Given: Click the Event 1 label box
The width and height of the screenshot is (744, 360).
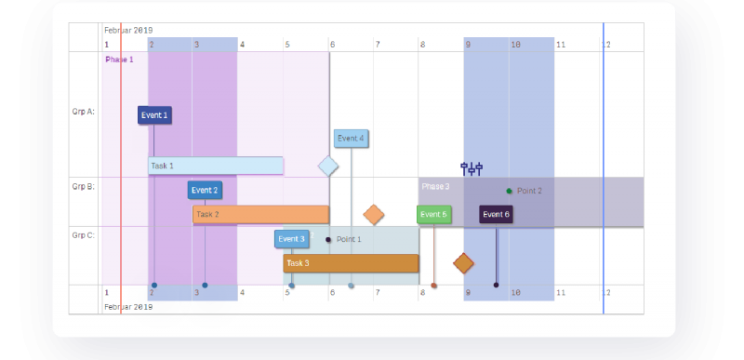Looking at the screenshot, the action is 154,115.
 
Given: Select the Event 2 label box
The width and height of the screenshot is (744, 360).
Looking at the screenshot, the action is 205,191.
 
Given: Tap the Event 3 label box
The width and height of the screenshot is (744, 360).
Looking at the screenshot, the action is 291,239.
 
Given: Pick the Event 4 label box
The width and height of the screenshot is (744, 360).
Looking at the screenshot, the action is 351,139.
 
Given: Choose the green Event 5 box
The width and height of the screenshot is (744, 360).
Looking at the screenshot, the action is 433,215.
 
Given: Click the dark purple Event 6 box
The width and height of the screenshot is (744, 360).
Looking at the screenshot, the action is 496,215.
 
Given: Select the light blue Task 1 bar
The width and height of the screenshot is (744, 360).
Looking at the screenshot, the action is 216,166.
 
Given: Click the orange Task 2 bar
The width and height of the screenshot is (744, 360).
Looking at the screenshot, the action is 260,215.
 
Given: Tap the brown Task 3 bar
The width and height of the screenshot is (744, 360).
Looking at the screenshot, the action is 351,263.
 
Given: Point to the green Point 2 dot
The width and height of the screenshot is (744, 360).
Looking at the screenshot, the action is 509,191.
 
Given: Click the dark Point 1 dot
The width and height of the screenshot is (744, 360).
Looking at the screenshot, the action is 328,240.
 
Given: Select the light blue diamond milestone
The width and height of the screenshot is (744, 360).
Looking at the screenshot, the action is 328,167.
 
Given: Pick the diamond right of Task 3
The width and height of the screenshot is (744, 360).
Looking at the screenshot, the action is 464,263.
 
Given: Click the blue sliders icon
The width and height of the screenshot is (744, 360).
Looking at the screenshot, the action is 472,168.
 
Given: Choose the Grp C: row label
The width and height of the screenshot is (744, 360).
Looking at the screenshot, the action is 83,235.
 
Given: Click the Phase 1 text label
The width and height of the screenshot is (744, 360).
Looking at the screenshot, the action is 119,60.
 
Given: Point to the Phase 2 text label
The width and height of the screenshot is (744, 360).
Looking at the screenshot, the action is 435,186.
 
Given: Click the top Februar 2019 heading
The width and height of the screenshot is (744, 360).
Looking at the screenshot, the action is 128,30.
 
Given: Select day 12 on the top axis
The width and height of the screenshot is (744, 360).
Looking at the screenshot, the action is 606,44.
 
